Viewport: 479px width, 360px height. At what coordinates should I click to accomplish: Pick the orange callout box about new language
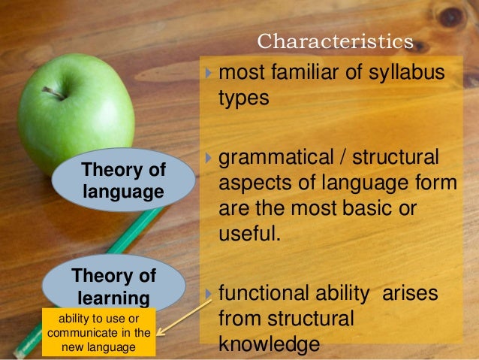pos(99,331)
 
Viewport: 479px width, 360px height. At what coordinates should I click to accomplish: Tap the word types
pos(243,99)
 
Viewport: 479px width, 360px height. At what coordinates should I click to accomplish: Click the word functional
pos(269,293)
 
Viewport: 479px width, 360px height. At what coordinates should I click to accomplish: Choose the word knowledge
pos(270,343)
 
